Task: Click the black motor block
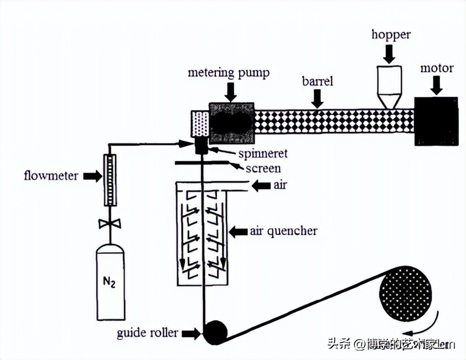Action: (436, 121)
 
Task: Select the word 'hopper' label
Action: (391, 35)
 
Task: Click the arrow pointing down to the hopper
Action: (390, 54)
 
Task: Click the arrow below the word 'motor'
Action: (437, 84)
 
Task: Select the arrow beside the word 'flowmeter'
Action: (92, 177)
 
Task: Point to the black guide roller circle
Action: (215, 332)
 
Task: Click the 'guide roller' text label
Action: (148, 333)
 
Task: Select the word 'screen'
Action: (265, 168)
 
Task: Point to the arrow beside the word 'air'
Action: (260, 187)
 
